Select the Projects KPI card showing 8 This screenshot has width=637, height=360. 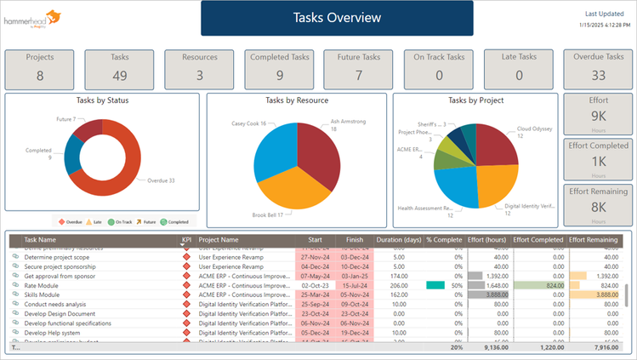click(x=40, y=67)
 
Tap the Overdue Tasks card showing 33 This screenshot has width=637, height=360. click(x=597, y=67)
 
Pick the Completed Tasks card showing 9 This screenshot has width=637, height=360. click(x=279, y=67)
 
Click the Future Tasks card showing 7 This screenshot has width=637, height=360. click(x=358, y=67)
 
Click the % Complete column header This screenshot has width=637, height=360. click(x=444, y=240)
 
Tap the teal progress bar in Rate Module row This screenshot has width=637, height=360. click(x=435, y=285)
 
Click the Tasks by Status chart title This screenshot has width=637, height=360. click(x=102, y=100)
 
